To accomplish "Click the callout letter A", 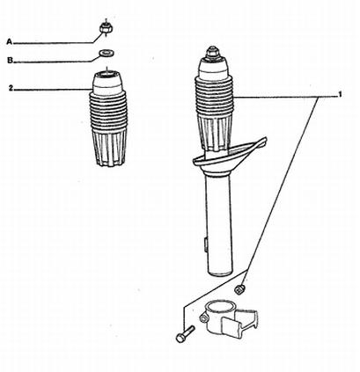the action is [x=10, y=42].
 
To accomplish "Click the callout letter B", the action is [x=10, y=61].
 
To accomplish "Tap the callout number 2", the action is [x=11, y=88].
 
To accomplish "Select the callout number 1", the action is [x=340, y=94].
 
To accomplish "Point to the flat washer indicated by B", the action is [x=107, y=54].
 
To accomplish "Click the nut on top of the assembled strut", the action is [x=213, y=53].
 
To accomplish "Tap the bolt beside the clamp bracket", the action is [x=186, y=334].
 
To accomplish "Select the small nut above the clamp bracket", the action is [x=239, y=288].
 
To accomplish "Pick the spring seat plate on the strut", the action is [x=229, y=157].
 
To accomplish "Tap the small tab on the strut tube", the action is [x=207, y=244].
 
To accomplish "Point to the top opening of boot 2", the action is [x=107, y=75].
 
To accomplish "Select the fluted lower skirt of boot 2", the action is [x=109, y=148].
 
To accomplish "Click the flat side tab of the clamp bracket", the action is [x=231, y=327].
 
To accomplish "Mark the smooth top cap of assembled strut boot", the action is [x=214, y=69].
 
